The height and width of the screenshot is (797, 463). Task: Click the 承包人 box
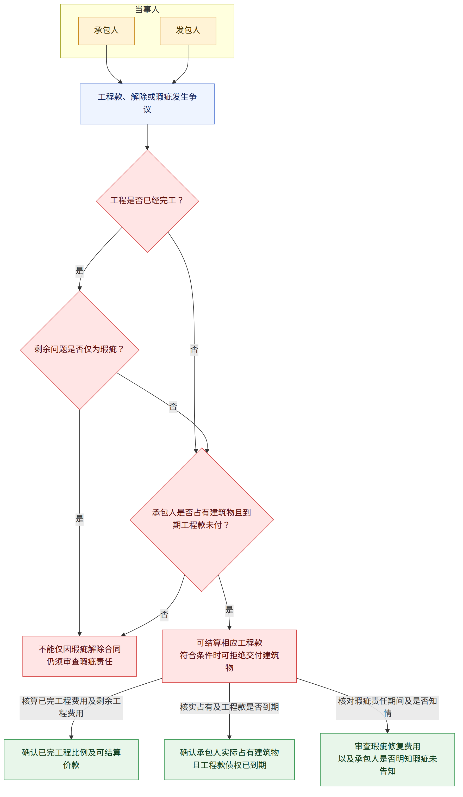coord(106,31)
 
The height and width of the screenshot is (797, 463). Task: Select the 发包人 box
coord(188,31)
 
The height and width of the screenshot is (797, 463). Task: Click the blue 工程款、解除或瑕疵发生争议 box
coord(147,104)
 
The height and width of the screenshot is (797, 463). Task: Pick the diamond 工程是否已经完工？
coord(147,201)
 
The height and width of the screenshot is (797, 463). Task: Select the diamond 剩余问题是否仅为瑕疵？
coord(80,350)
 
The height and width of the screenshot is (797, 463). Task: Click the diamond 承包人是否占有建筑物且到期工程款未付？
coord(202,520)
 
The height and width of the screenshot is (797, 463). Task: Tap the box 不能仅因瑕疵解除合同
coord(80,656)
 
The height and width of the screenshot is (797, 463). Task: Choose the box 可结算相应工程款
coord(229,656)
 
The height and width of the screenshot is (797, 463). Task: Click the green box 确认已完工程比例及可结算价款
coord(71,759)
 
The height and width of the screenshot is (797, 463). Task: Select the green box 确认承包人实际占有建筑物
coord(229,759)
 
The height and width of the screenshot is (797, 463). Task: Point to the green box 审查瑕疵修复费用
coord(387,759)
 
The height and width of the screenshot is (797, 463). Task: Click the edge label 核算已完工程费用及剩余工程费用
coord(71,708)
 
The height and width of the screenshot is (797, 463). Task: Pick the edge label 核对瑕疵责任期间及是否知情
coord(387,708)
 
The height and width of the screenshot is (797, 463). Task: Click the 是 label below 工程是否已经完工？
coord(80,271)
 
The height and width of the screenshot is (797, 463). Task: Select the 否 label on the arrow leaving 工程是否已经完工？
coord(194,350)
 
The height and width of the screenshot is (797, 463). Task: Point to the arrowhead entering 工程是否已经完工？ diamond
coord(147,148)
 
